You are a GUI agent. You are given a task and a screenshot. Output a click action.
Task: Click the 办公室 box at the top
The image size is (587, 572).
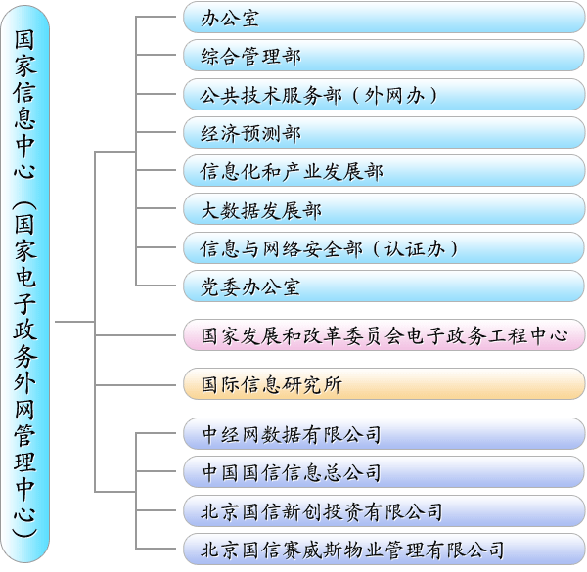tap(384, 18)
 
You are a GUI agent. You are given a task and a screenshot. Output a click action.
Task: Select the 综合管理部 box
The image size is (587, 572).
tap(384, 56)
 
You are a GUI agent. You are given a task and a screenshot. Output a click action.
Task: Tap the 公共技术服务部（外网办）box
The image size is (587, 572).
tap(384, 95)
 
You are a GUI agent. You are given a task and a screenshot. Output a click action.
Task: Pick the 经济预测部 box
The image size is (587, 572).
tap(384, 133)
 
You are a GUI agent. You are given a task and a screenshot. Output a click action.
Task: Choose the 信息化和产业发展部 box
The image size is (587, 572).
tap(384, 171)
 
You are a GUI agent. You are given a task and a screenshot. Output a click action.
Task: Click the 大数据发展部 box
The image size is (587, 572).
tap(384, 209)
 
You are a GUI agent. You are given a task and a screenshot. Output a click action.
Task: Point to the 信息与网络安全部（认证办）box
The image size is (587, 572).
tap(384, 247)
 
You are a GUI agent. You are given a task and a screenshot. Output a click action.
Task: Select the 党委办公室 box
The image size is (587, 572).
tap(384, 286)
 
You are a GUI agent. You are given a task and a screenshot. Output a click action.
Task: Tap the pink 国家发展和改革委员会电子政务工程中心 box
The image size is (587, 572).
tap(384, 335)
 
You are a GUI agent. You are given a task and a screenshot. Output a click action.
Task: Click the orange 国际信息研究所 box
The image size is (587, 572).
tap(384, 384)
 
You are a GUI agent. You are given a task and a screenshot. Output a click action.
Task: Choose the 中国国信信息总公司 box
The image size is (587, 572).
tap(384, 472)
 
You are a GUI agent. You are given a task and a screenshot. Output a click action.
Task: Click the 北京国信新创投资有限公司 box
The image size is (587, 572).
tap(384, 510)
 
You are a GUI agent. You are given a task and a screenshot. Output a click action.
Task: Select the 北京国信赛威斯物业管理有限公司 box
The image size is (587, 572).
tap(384, 549)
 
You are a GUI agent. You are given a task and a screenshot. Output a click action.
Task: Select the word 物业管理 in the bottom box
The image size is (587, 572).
tap(400, 549)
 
